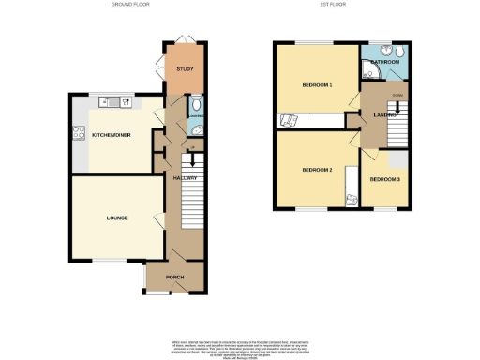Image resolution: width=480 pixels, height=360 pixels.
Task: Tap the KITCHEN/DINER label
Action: pyautogui.click(x=111, y=135)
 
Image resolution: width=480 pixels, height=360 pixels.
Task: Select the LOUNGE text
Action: pyautogui.click(x=116, y=218)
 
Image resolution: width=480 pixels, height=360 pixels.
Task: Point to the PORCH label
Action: pyautogui.click(x=175, y=277)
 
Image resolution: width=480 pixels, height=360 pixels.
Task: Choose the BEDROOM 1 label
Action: pyautogui.click(x=317, y=85)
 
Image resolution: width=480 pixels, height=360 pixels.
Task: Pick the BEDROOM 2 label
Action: pyautogui.click(x=317, y=170)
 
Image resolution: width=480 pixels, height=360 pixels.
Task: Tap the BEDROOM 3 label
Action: pyautogui.click(x=384, y=178)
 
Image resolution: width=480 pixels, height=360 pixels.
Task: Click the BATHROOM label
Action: pyautogui.click(x=385, y=62)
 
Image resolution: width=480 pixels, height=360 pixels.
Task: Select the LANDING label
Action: pyautogui.click(x=382, y=115)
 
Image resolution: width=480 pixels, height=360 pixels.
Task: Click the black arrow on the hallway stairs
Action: pyautogui.click(x=192, y=162)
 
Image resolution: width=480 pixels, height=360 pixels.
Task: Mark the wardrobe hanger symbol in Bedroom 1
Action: pyautogui.click(x=288, y=119)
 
